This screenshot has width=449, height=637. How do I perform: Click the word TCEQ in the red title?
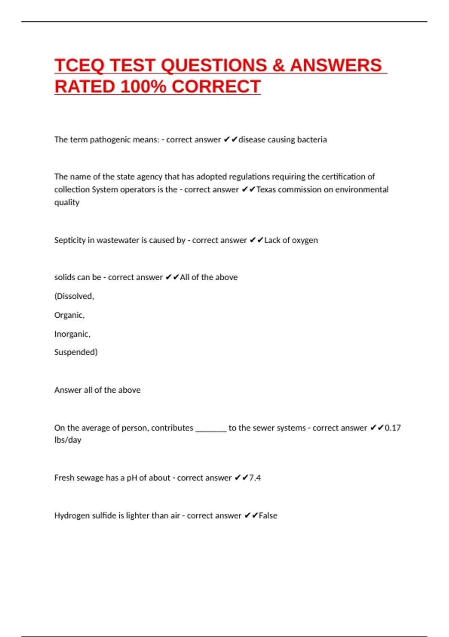point(79,66)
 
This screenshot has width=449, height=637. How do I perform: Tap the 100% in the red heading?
point(143,87)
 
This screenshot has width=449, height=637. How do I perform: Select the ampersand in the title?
point(278,66)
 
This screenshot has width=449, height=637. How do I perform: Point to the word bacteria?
point(312,140)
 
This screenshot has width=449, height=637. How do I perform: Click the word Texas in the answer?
point(266,190)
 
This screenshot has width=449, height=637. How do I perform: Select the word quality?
point(67,203)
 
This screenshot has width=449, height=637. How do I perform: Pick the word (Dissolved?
point(74,296)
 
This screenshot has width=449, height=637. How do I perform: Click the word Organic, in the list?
point(69,315)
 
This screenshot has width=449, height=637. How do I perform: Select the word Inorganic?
point(72,334)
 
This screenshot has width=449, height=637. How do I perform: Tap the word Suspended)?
point(76,352)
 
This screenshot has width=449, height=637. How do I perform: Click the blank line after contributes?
point(211,429)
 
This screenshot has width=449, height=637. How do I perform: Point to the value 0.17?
point(393,428)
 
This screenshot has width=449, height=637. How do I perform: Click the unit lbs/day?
point(68,440)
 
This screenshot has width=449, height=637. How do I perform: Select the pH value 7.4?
point(255,478)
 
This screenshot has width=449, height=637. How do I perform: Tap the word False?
point(268,516)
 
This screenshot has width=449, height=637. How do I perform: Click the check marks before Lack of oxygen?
point(256,240)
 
